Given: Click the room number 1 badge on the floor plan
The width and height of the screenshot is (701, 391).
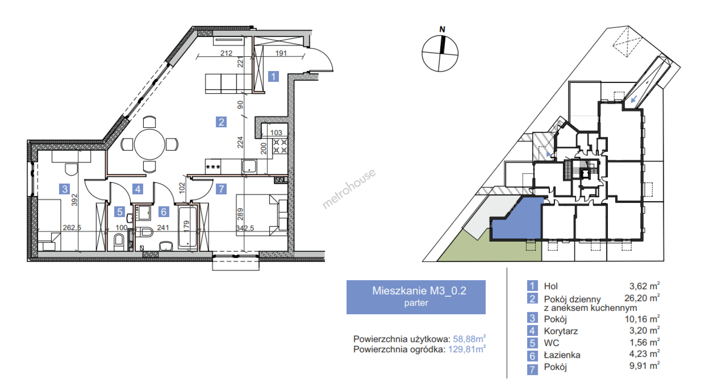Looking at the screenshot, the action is point(273,76).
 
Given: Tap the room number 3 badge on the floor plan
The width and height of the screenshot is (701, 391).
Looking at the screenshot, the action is point(65,189).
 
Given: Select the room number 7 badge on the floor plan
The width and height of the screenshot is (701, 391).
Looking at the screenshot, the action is point(221,189).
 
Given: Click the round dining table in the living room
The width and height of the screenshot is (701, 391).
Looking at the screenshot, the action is point(149,144).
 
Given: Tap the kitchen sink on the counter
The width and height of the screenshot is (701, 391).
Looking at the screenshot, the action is point(249,166).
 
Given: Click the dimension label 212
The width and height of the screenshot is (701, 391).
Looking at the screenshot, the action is point(226,53).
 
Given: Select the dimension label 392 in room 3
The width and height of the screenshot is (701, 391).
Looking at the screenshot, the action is point(74,200).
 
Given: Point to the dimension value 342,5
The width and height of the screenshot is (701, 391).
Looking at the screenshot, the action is point(245,228).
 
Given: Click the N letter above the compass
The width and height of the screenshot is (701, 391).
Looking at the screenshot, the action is point(442,29).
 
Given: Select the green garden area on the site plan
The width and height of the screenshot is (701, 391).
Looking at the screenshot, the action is point(486,248).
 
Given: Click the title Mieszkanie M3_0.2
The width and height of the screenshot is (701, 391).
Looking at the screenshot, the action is point(419,291).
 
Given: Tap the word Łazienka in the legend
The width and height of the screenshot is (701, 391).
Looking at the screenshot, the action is point(562,355).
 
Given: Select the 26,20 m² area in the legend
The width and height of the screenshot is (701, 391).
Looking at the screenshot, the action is point(642,298).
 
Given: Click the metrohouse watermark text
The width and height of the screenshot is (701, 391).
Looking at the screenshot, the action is point(349,189).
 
